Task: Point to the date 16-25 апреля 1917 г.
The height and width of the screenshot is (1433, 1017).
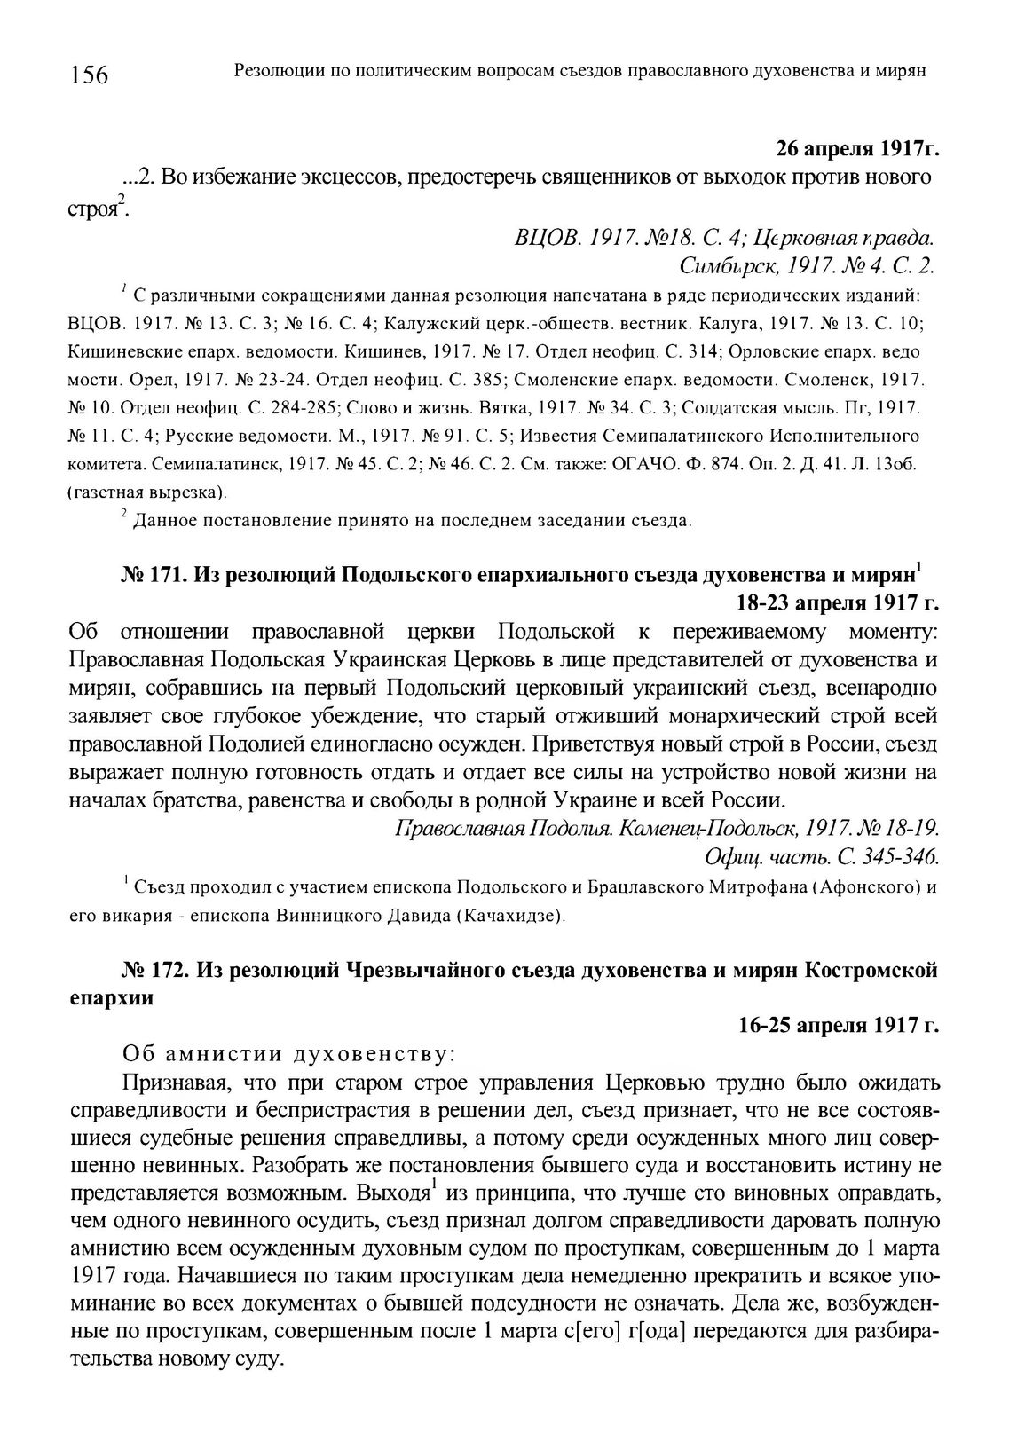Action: (x=837, y=1026)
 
